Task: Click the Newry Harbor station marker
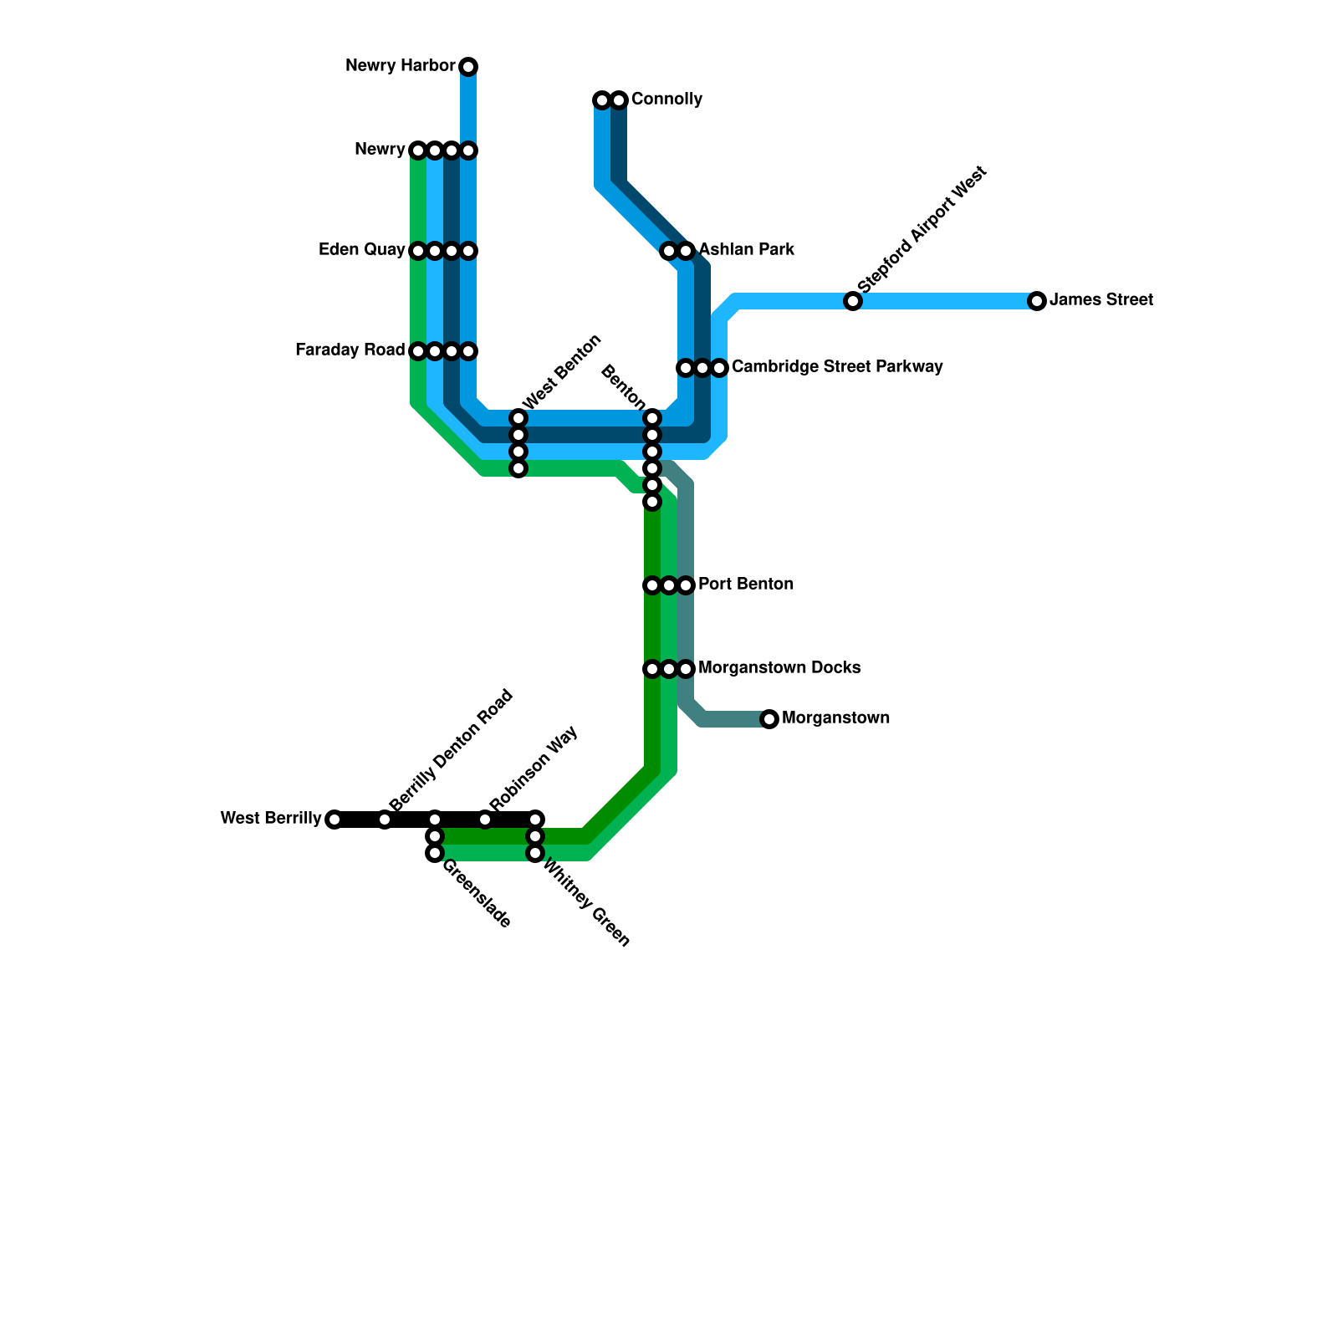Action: tap(468, 67)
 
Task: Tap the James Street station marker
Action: tap(1037, 301)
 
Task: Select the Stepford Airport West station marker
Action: tap(853, 301)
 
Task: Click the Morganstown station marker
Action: tap(769, 719)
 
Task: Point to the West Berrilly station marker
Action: tap(334, 820)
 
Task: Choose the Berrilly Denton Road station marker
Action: tap(385, 820)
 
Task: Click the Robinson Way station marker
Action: tap(485, 820)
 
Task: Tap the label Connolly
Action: tap(666, 100)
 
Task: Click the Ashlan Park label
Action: tap(747, 250)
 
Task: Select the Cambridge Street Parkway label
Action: tap(837, 367)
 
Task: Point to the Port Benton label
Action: tap(746, 585)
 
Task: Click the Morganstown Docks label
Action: tap(779, 668)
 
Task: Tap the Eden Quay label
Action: tap(362, 250)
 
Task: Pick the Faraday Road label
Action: tap(350, 350)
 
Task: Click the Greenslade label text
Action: tap(475, 895)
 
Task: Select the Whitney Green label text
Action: tap(586, 903)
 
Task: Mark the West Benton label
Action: tap(562, 370)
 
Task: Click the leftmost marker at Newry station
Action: tap(418, 151)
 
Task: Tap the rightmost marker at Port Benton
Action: tap(686, 585)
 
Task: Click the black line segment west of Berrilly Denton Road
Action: tap(360, 820)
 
